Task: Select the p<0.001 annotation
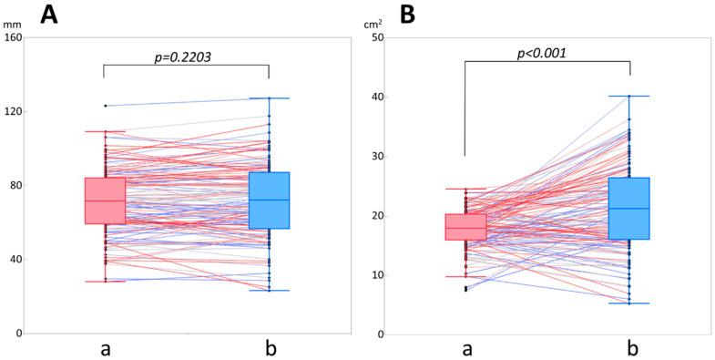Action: [x=541, y=53]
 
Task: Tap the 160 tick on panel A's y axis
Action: [x=14, y=38]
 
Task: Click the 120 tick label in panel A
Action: [x=14, y=112]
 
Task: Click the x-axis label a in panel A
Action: [x=105, y=348]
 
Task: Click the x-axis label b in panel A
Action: [x=269, y=347]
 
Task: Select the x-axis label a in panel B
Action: [x=466, y=348]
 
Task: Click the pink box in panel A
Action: [x=105, y=201]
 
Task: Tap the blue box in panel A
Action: [x=270, y=201]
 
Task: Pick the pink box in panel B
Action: [x=465, y=227]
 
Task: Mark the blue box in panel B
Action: [x=630, y=209]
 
